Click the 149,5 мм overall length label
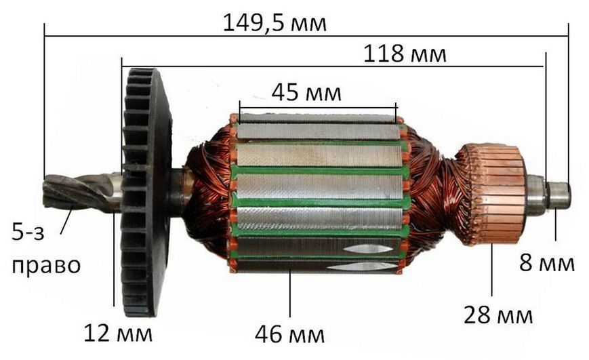pos(275,23)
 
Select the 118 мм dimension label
pos(405,54)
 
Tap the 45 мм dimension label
pos(306,92)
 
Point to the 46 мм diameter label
pos(289,334)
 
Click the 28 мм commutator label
pos(498,315)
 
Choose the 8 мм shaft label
pos(546,262)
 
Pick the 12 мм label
pos(117,333)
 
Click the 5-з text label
pos(28,232)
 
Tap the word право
pos(46,266)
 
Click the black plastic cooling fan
pos(146,192)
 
